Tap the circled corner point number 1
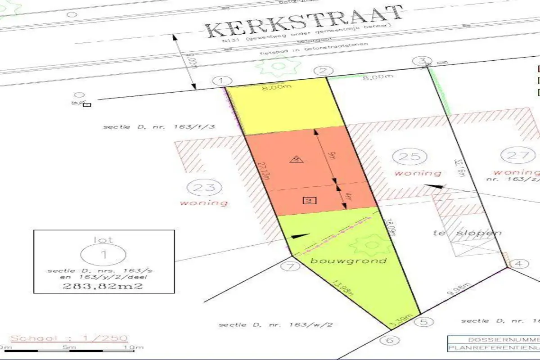[x=220, y=81]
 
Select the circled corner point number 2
[x=323, y=70]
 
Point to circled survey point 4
[x=519, y=264]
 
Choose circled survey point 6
[x=389, y=340]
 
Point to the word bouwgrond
[x=348, y=261]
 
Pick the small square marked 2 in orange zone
[x=309, y=201]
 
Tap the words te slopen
[x=467, y=233]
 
